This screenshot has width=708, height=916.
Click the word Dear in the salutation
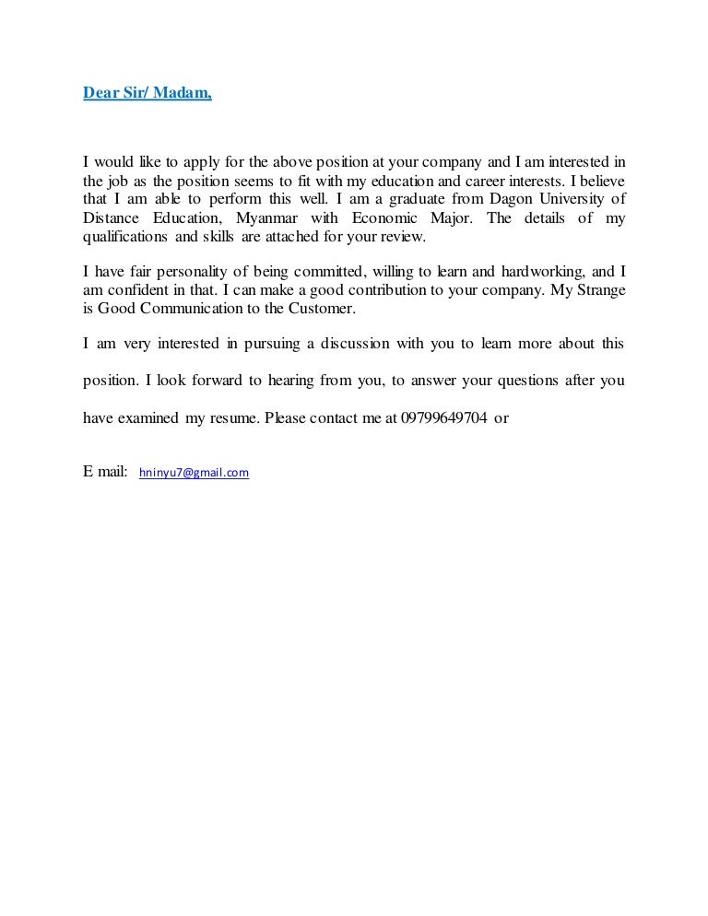coord(100,93)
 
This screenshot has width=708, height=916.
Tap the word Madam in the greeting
coord(188,93)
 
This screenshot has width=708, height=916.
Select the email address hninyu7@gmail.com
coord(194,473)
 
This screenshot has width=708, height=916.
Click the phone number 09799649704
coord(444,417)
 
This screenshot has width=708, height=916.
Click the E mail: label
coord(105,472)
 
